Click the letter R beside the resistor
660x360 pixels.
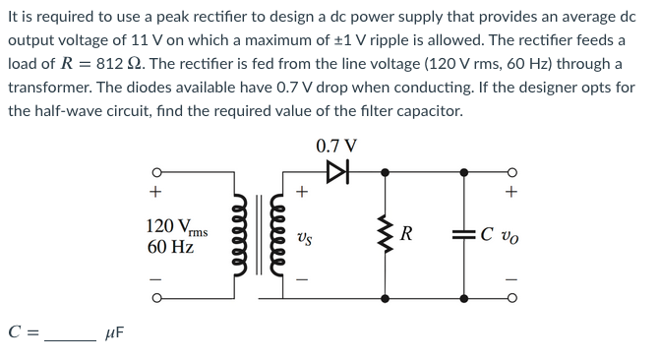406,235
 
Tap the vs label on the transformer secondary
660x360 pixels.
304,236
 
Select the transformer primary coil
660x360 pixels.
238,235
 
